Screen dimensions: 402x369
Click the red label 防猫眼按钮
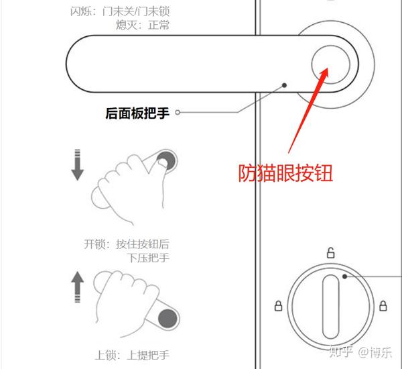(x=285, y=173)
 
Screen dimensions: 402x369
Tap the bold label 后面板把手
(x=137, y=113)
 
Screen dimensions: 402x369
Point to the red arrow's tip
(x=328, y=68)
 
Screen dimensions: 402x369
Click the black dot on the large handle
(x=284, y=85)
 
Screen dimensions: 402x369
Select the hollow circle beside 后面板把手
(x=178, y=112)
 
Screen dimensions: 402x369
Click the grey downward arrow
(x=78, y=164)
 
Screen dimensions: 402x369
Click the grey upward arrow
(x=78, y=287)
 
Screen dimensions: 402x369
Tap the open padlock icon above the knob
(x=331, y=253)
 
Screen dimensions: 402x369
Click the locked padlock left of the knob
(x=279, y=306)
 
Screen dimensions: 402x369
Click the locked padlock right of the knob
(x=383, y=305)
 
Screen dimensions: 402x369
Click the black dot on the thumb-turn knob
(x=345, y=276)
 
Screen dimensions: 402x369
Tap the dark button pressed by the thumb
(x=166, y=160)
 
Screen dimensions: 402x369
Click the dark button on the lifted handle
(x=167, y=319)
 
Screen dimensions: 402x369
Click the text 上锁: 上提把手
(x=132, y=355)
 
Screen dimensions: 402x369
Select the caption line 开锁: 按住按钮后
(x=127, y=244)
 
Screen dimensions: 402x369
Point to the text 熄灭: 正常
(x=143, y=25)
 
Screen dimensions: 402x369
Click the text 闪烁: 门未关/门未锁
(x=120, y=11)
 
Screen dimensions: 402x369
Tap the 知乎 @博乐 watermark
(x=360, y=352)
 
